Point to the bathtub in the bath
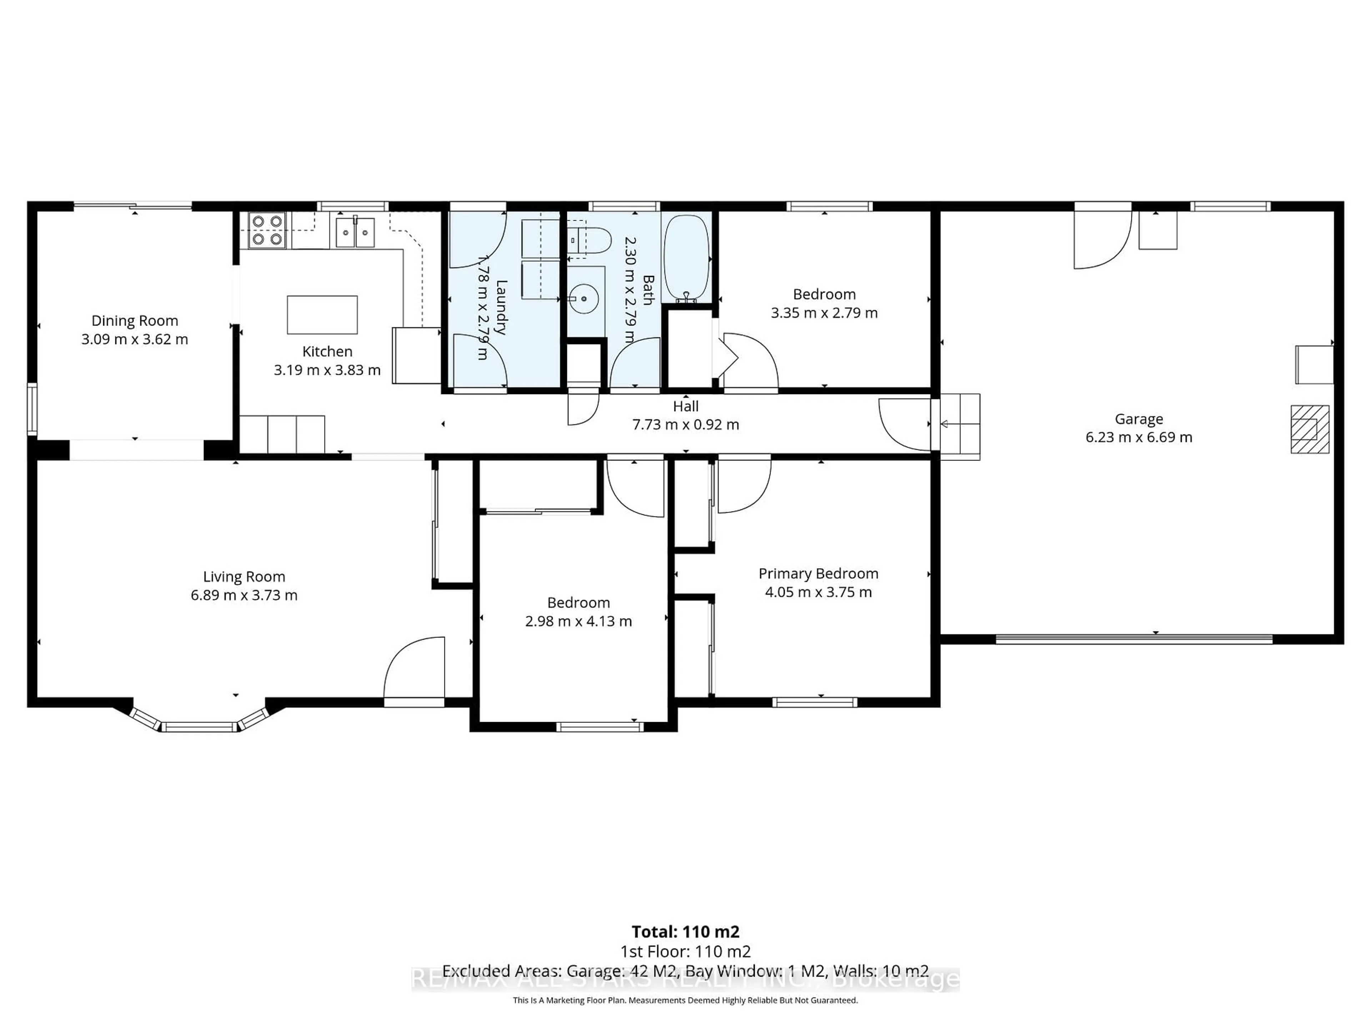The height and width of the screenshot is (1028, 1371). (x=686, y=257)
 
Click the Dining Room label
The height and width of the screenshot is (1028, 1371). (x=135, y=321)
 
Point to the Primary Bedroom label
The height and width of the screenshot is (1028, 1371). (x=818, y=573)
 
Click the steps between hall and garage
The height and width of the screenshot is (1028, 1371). (x=959, y=426)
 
